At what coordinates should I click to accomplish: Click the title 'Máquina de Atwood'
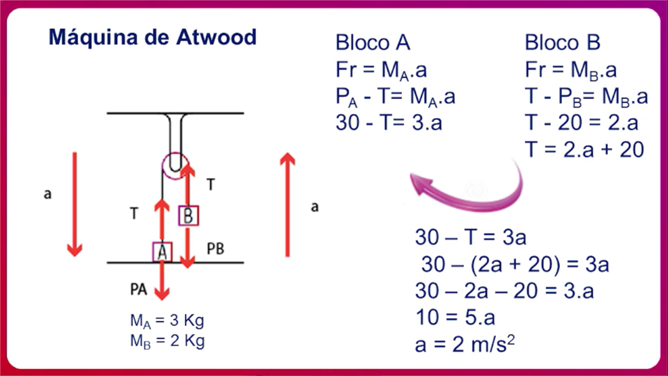click(x=153, y=37)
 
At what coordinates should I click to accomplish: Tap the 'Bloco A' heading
click(x=373, y=43)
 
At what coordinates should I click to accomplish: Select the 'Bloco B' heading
click(x=562, y=43)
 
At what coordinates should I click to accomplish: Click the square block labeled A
click(x=162, y=252)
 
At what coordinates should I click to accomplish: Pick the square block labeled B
click(x=189, y=216)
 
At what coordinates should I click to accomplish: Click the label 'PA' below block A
click(x=138, y=289)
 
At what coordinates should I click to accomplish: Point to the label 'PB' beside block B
click(x=215, y=249)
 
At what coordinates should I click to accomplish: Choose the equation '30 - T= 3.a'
click(x=389, y=122)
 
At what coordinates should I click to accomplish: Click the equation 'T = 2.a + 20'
click(x=584, y=149)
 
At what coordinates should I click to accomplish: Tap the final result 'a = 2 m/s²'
click(x=465, y=345)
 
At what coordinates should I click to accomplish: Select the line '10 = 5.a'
click(x=455, y=318)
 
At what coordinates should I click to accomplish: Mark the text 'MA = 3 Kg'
click(x=167, y=321)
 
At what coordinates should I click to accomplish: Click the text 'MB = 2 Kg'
click(x=167, y=341)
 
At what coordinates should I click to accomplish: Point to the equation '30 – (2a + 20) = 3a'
click(x=515, y=265)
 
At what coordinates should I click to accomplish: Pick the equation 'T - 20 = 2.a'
click(x=581, y=122)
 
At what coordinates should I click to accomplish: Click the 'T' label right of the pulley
click(x=211, y=185)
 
